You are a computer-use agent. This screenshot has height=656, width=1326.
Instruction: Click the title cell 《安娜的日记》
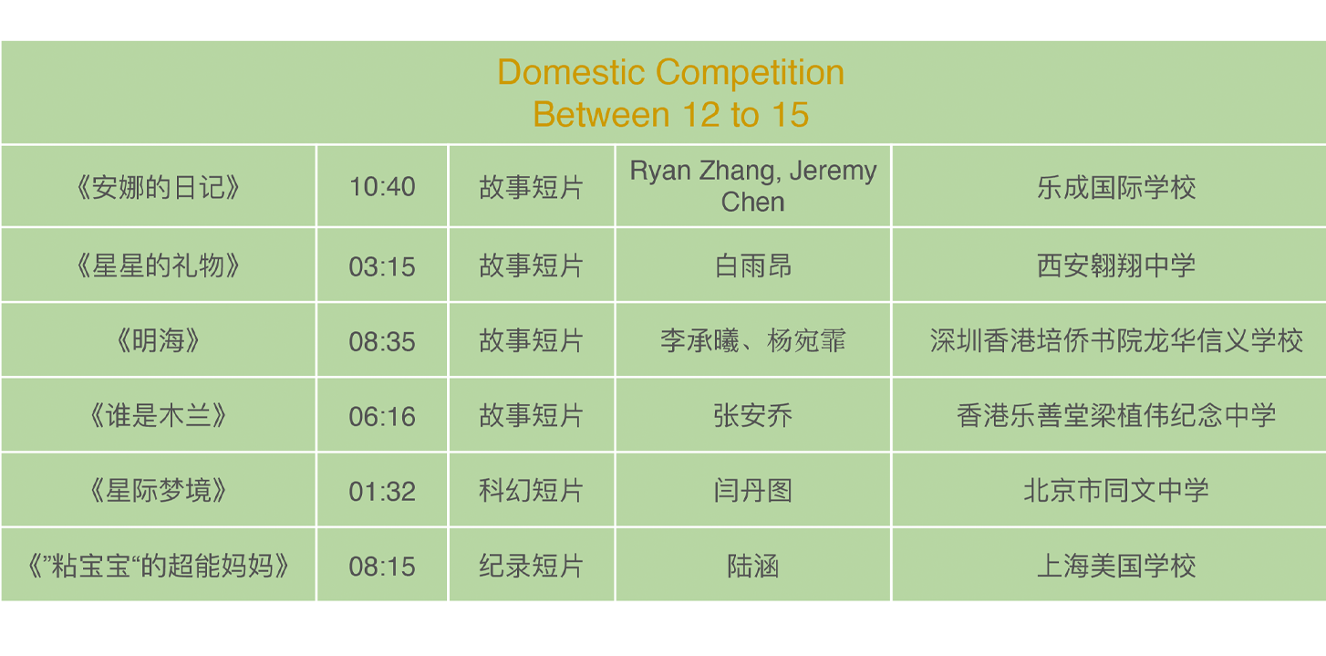[158, 187]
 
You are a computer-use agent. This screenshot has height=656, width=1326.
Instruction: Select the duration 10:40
[382, 187]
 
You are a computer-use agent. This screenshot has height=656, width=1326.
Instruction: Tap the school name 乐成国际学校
[1116, 187]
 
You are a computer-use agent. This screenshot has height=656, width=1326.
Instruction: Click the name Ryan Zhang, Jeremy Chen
[753, 186]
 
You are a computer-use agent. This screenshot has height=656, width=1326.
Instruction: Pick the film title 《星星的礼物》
[158, 266]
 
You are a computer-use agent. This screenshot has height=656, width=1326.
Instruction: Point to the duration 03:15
[382, 266]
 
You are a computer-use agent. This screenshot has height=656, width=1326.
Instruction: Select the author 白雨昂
[753, 266]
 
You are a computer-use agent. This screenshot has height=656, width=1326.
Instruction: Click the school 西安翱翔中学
[1116, 266]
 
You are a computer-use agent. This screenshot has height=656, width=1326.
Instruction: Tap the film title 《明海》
[158, 340]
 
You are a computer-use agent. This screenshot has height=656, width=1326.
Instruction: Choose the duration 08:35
[382, 341]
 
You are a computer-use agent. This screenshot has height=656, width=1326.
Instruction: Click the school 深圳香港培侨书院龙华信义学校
[1116, 340]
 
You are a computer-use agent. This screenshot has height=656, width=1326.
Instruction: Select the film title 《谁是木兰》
[158, 415]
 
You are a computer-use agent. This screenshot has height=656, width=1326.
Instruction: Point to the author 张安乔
[753, 415]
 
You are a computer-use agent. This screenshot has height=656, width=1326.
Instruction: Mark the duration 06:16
[382, 416]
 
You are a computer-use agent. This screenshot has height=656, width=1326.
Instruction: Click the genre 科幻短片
[531, 490]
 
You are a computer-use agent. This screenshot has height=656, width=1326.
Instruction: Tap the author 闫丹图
[753, 490]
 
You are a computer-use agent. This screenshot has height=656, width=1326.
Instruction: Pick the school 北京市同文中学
[1116, 490]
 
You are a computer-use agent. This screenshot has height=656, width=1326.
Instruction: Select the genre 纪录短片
[531, 566]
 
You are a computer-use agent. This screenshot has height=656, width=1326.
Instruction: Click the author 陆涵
[753, 566]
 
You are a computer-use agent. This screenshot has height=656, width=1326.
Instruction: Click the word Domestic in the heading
[571, 72]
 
